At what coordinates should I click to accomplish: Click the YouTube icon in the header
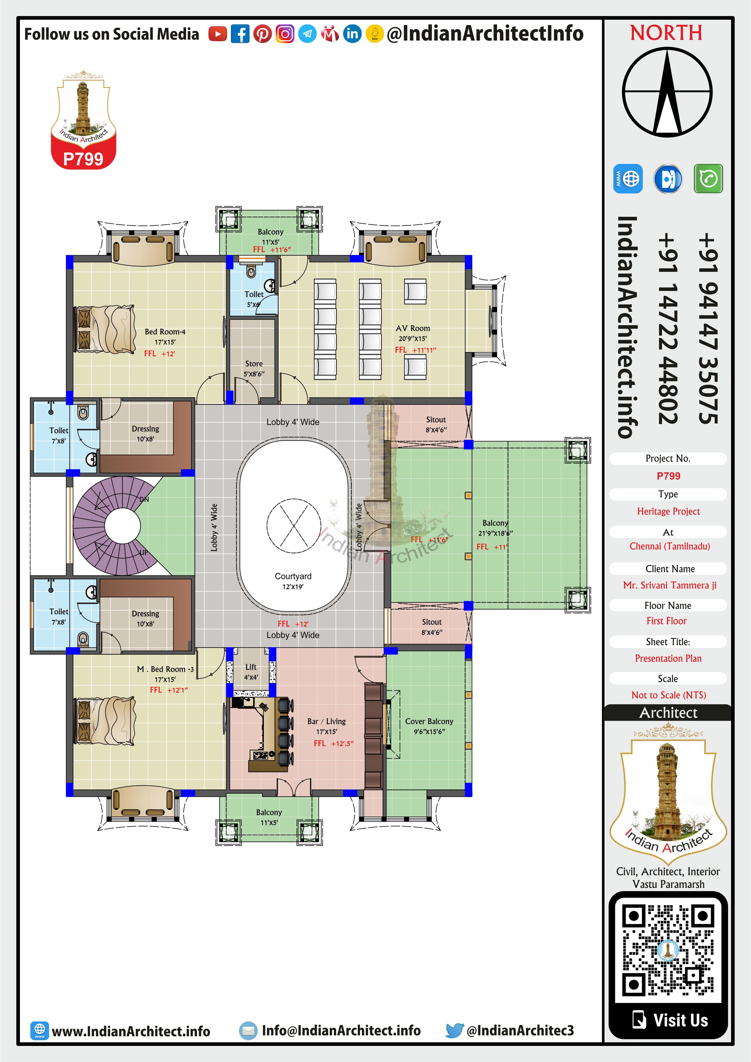pos(217,34)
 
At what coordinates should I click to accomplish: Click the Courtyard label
pos(293,576)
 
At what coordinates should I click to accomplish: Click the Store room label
pos(254,364)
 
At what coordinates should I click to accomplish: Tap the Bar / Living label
pos(326,721)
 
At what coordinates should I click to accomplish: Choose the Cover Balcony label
pos(429,721)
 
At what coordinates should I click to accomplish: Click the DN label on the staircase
pos(144,499)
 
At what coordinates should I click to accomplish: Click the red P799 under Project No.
pos(668,476)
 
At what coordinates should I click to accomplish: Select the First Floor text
pos(666,621)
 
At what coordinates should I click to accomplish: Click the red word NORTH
pos(666,33)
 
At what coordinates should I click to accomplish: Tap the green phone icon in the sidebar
pos(708,178)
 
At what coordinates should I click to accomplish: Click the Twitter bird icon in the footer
pos(454,1030)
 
